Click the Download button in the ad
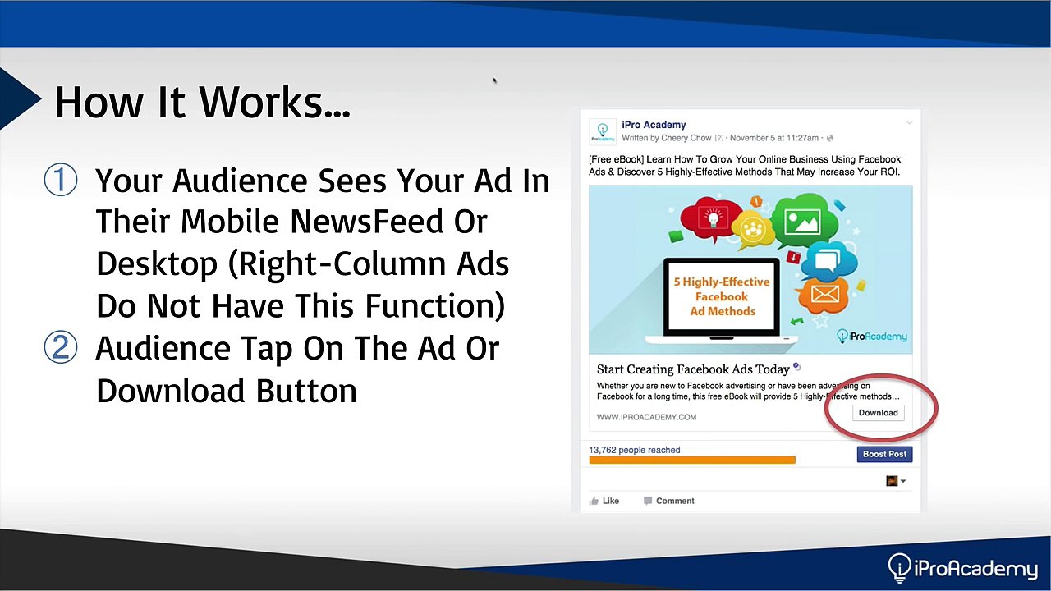(x=879, y=413)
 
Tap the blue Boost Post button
(x=884, y=454)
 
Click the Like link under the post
(x=604, y=501)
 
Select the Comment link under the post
(x=669, y=501)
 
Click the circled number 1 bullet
(x=61, y=180)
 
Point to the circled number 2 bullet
(x=61, y=347)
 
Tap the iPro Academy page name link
(x=654, y=125)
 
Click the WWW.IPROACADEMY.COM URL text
(x=646, y=417)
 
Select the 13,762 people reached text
(x=635, y=450)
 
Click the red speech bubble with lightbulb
(x=705, y=219)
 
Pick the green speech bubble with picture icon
(x=803, y=222)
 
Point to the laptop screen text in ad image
(x=722, y=296)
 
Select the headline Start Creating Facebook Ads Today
(x=693, y=369)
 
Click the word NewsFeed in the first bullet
(x=367, y=222)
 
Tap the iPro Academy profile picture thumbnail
(x=603, y=132)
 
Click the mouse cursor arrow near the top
(x=494, y=80)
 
